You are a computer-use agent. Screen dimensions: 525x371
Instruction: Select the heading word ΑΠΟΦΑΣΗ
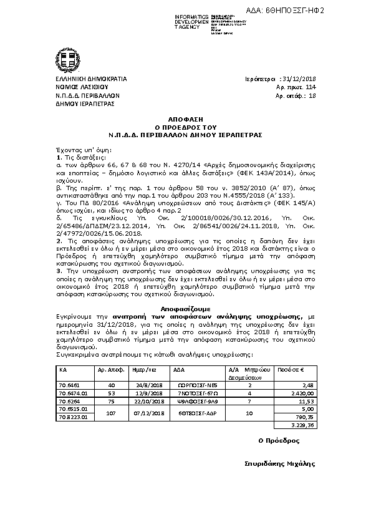point(185,117)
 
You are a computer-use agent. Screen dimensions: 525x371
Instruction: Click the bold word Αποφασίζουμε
point(185,309)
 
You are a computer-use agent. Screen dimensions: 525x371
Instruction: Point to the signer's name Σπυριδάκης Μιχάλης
point(280,464)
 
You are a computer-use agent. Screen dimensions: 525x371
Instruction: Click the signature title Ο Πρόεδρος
point(279,440)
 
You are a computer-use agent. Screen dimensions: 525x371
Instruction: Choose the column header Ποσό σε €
point(291,370)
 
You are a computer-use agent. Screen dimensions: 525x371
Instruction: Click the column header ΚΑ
point(63,370)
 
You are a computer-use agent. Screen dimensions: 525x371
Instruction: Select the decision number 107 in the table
point(112,413)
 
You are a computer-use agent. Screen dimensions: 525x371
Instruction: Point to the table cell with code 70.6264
point(69,402)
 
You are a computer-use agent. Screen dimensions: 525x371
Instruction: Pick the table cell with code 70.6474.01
point(72,394)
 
